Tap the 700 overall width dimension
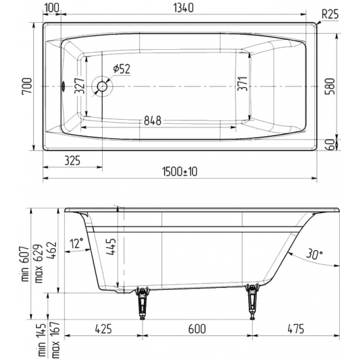tap(26, 86)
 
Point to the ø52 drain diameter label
tap(122, 68)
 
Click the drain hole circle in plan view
tap(102, 86)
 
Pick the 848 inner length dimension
tap(149, 120)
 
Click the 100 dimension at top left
tap(54, 9)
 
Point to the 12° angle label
tap(78, 244)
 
